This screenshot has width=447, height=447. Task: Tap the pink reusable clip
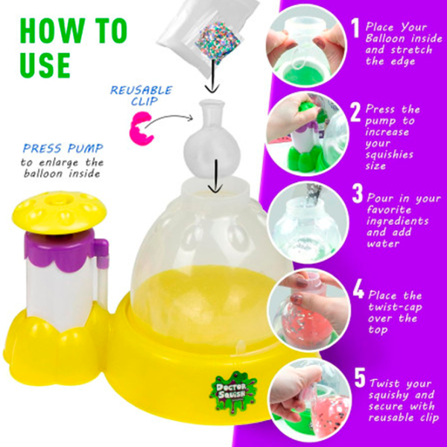pos(140,127)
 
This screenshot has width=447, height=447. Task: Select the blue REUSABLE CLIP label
pos(142,96)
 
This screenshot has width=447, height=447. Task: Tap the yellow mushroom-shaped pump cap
pos(55,210)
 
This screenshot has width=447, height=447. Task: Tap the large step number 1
pos(357,28)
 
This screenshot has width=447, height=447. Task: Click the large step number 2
pos(357,112)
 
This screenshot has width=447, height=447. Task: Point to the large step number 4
pos(358,288)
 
